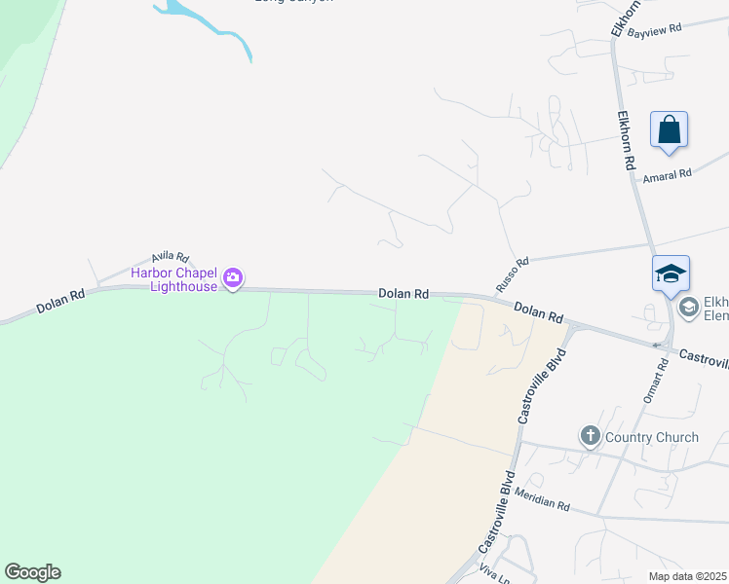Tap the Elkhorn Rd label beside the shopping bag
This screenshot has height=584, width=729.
point(626,140)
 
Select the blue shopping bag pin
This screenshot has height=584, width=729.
point(669,130)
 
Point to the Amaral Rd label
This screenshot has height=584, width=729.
point(667,174)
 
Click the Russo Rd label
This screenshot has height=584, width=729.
point(512,275)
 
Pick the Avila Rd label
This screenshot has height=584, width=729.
point(169,256)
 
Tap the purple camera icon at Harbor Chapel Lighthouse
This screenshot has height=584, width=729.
point(232,278)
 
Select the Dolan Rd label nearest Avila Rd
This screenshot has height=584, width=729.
point(60,299)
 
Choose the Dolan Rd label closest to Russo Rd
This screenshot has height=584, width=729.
point(539,311)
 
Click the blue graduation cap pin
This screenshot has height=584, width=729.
point(671,274)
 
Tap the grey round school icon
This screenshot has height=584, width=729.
point(688,308)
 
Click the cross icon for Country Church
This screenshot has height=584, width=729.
point(589,436)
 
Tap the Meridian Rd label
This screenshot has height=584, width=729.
point(543,499)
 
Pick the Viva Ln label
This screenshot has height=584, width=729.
point(495,575)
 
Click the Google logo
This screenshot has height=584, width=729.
point(32,572)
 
